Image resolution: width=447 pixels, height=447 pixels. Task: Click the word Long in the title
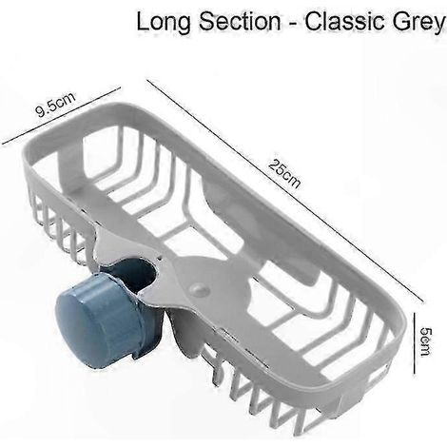pos(164,23)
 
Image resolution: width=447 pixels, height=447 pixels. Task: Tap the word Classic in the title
pos(350,22)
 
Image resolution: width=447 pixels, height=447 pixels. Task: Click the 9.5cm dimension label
pos(55,105)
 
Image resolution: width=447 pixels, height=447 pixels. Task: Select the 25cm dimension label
pos(284,173)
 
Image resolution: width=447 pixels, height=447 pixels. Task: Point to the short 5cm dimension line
pos(415,343)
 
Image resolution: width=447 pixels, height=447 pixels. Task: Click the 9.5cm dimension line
pos(61,116)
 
